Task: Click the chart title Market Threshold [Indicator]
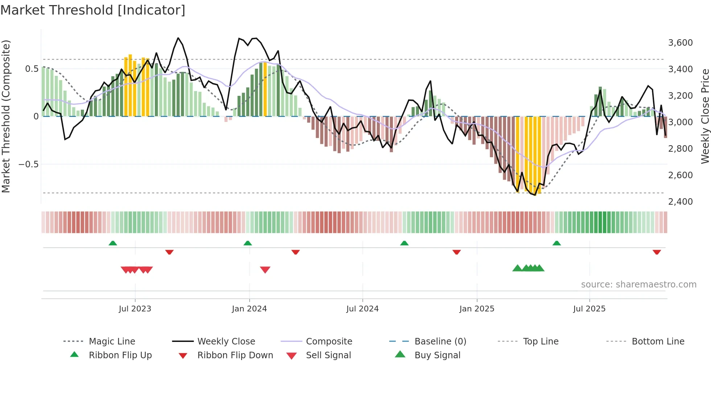93,10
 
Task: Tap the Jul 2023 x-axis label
135,309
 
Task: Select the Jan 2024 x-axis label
249,309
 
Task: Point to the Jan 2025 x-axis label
477,309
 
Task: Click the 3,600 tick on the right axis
680,43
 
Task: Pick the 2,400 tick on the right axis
680,202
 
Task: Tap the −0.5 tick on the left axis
28,164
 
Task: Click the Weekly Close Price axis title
705,116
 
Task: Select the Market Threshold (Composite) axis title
6,116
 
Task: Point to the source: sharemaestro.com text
638,285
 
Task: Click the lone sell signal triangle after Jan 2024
265,270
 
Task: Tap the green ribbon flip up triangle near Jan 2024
248,243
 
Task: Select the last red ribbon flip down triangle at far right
657,252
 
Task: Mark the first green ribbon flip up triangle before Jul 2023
113,243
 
